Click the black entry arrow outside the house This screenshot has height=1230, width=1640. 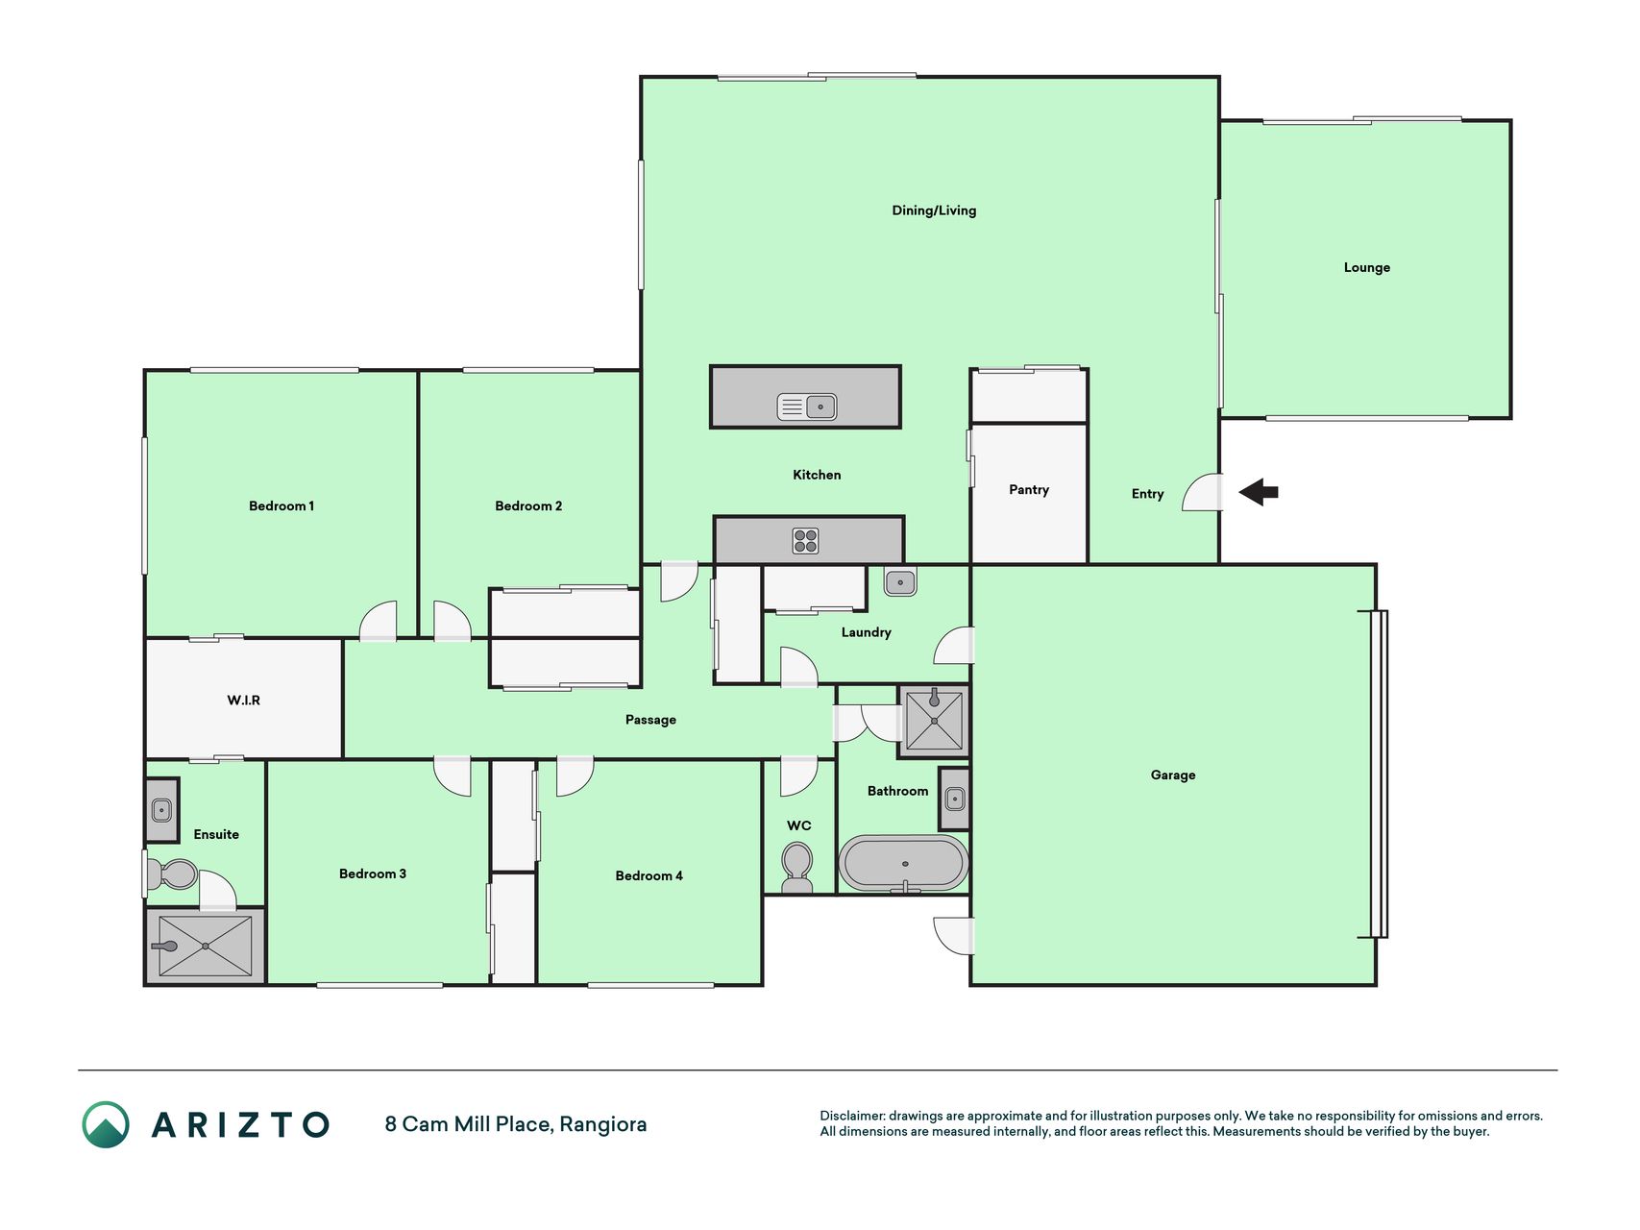point(1259,493)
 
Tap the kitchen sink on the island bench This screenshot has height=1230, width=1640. point(807,406)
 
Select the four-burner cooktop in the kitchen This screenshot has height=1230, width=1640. point(805,541)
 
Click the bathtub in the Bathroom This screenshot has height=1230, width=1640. point(903,863)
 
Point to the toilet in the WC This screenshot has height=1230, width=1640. point(797,866)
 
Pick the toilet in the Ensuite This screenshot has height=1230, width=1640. point(172,874)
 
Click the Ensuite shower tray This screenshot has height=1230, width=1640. point(206,947)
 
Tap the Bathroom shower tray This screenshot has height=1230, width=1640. point(934,720)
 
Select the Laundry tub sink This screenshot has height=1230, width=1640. point(900,581)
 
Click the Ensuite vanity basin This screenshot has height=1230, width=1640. point(161,810)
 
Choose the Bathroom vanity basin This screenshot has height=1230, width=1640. point(955,798)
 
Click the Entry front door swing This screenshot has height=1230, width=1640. point(1202,492)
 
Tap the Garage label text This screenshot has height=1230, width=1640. point(1173,775)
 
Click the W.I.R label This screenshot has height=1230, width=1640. point(243,701)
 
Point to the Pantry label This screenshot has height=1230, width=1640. point(1029,490)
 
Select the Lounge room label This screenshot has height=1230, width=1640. point(1367,268)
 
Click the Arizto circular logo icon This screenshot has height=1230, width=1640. point(106,1124)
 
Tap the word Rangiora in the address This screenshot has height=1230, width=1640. point(603,1124)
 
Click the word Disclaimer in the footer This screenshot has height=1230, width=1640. point(852,1116)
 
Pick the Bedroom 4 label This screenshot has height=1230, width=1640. point(649,875)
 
